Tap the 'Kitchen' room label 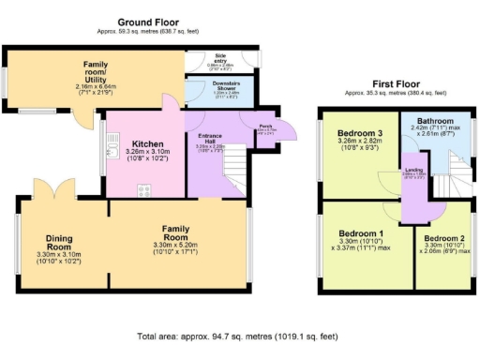pyautogui.click(x=146, y=144)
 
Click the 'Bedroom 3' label pyautogui.click(x=360, y=134)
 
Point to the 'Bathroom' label pyautogui.click(x=436, y=122)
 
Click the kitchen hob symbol pyautogui.click(x=144, y=191)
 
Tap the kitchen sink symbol pyautogui.click(x=112, y=144)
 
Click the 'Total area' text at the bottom pyautogui.click(x=240, y=335)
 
